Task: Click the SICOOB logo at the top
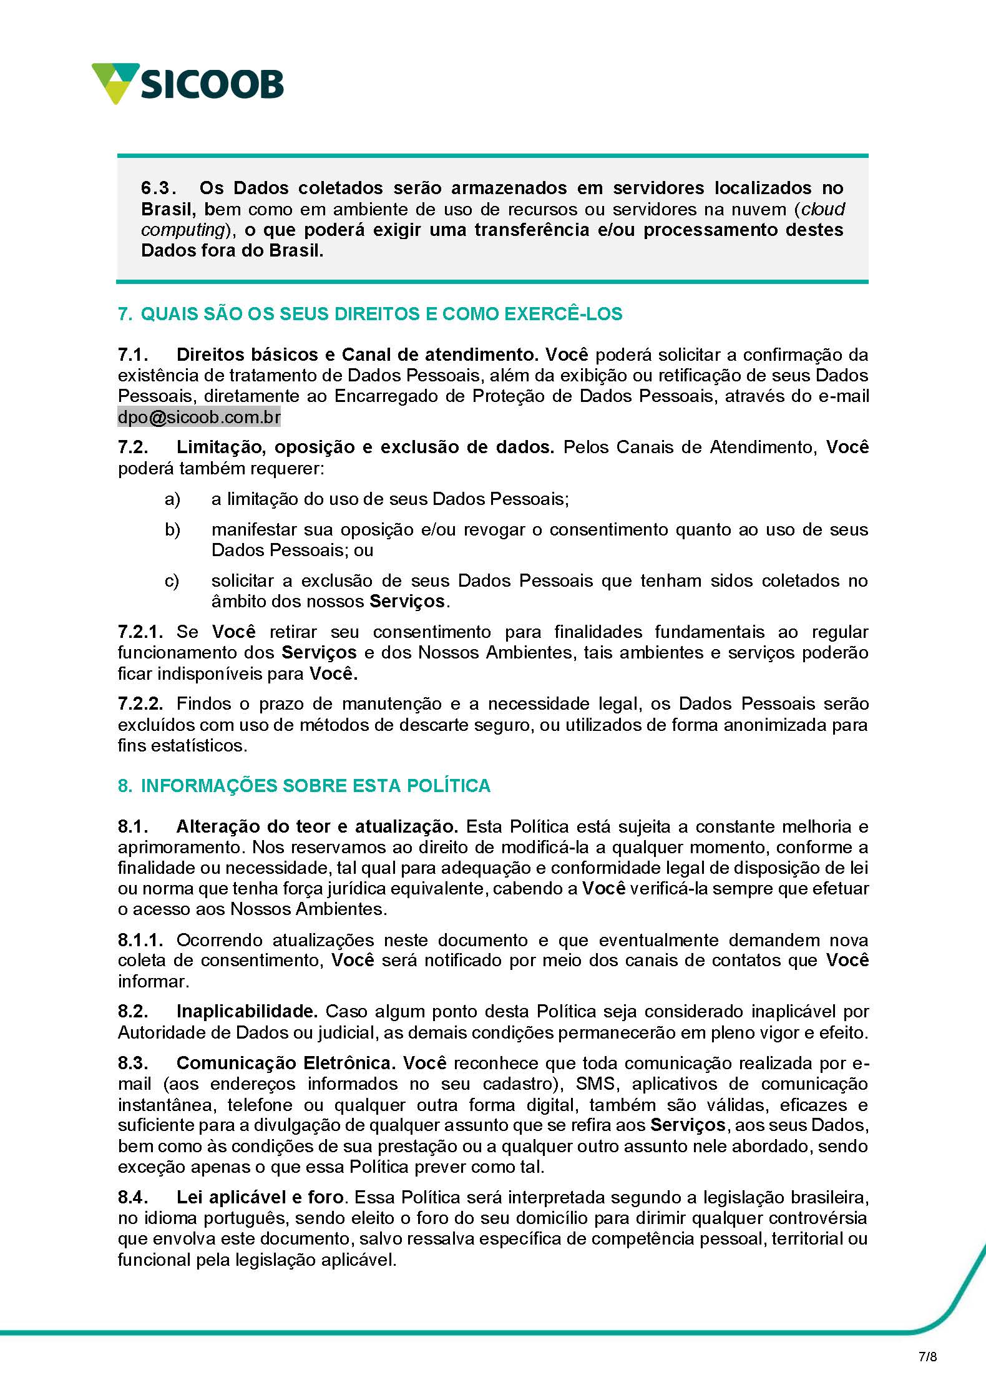(x=187, y=84)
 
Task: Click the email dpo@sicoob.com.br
(x=199, y=417)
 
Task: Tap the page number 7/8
(x=927, y=1356)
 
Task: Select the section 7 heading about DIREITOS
(x=370, y=313)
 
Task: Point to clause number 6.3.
(x=158, y=188)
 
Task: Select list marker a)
(x=172, y=499)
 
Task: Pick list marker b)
(x=172, y=529)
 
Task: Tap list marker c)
(x=172, y=580)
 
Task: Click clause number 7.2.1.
(x=140, y=632)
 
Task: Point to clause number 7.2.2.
(x=140, y=703)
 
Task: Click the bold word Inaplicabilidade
(x=247, y=1011)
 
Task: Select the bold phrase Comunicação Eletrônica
(x=286, y=1063)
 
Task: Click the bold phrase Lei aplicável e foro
(x=260, y=1197)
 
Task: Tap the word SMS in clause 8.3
(x=596, y=1084)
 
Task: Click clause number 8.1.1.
(x=140, y=940)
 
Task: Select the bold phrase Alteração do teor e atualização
(x=317, y=826)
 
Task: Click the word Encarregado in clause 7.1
(x=386, y=396)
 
